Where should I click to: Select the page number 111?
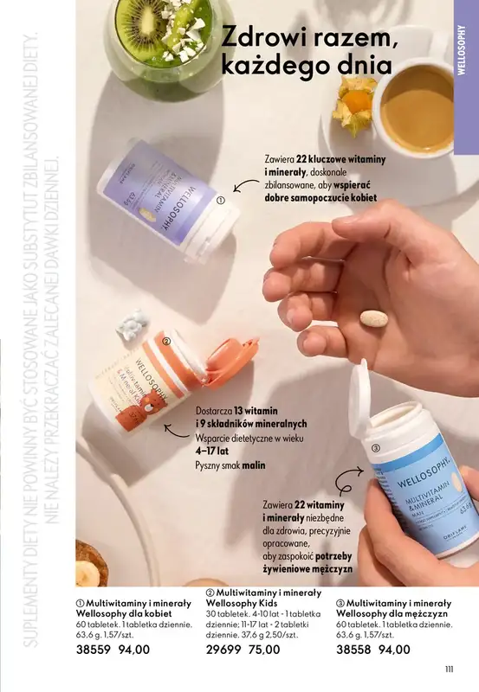tap(449, 667)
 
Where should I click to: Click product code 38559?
tap(94, 649)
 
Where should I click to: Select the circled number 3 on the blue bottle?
tap(376, 447)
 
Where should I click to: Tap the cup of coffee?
tap(417, 109)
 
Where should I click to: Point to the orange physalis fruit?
tap(356, 99)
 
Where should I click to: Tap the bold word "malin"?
tap(253, 465)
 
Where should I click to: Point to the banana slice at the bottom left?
tap(87, 573)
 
